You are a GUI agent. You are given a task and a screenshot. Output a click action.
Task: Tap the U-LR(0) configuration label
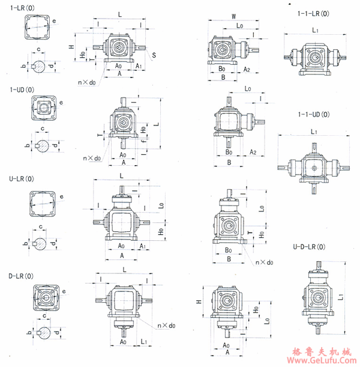tap(22, 178)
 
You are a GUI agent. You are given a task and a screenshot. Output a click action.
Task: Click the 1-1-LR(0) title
tap(313, 13)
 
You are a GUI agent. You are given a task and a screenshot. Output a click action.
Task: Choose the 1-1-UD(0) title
tap(313, 114)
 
